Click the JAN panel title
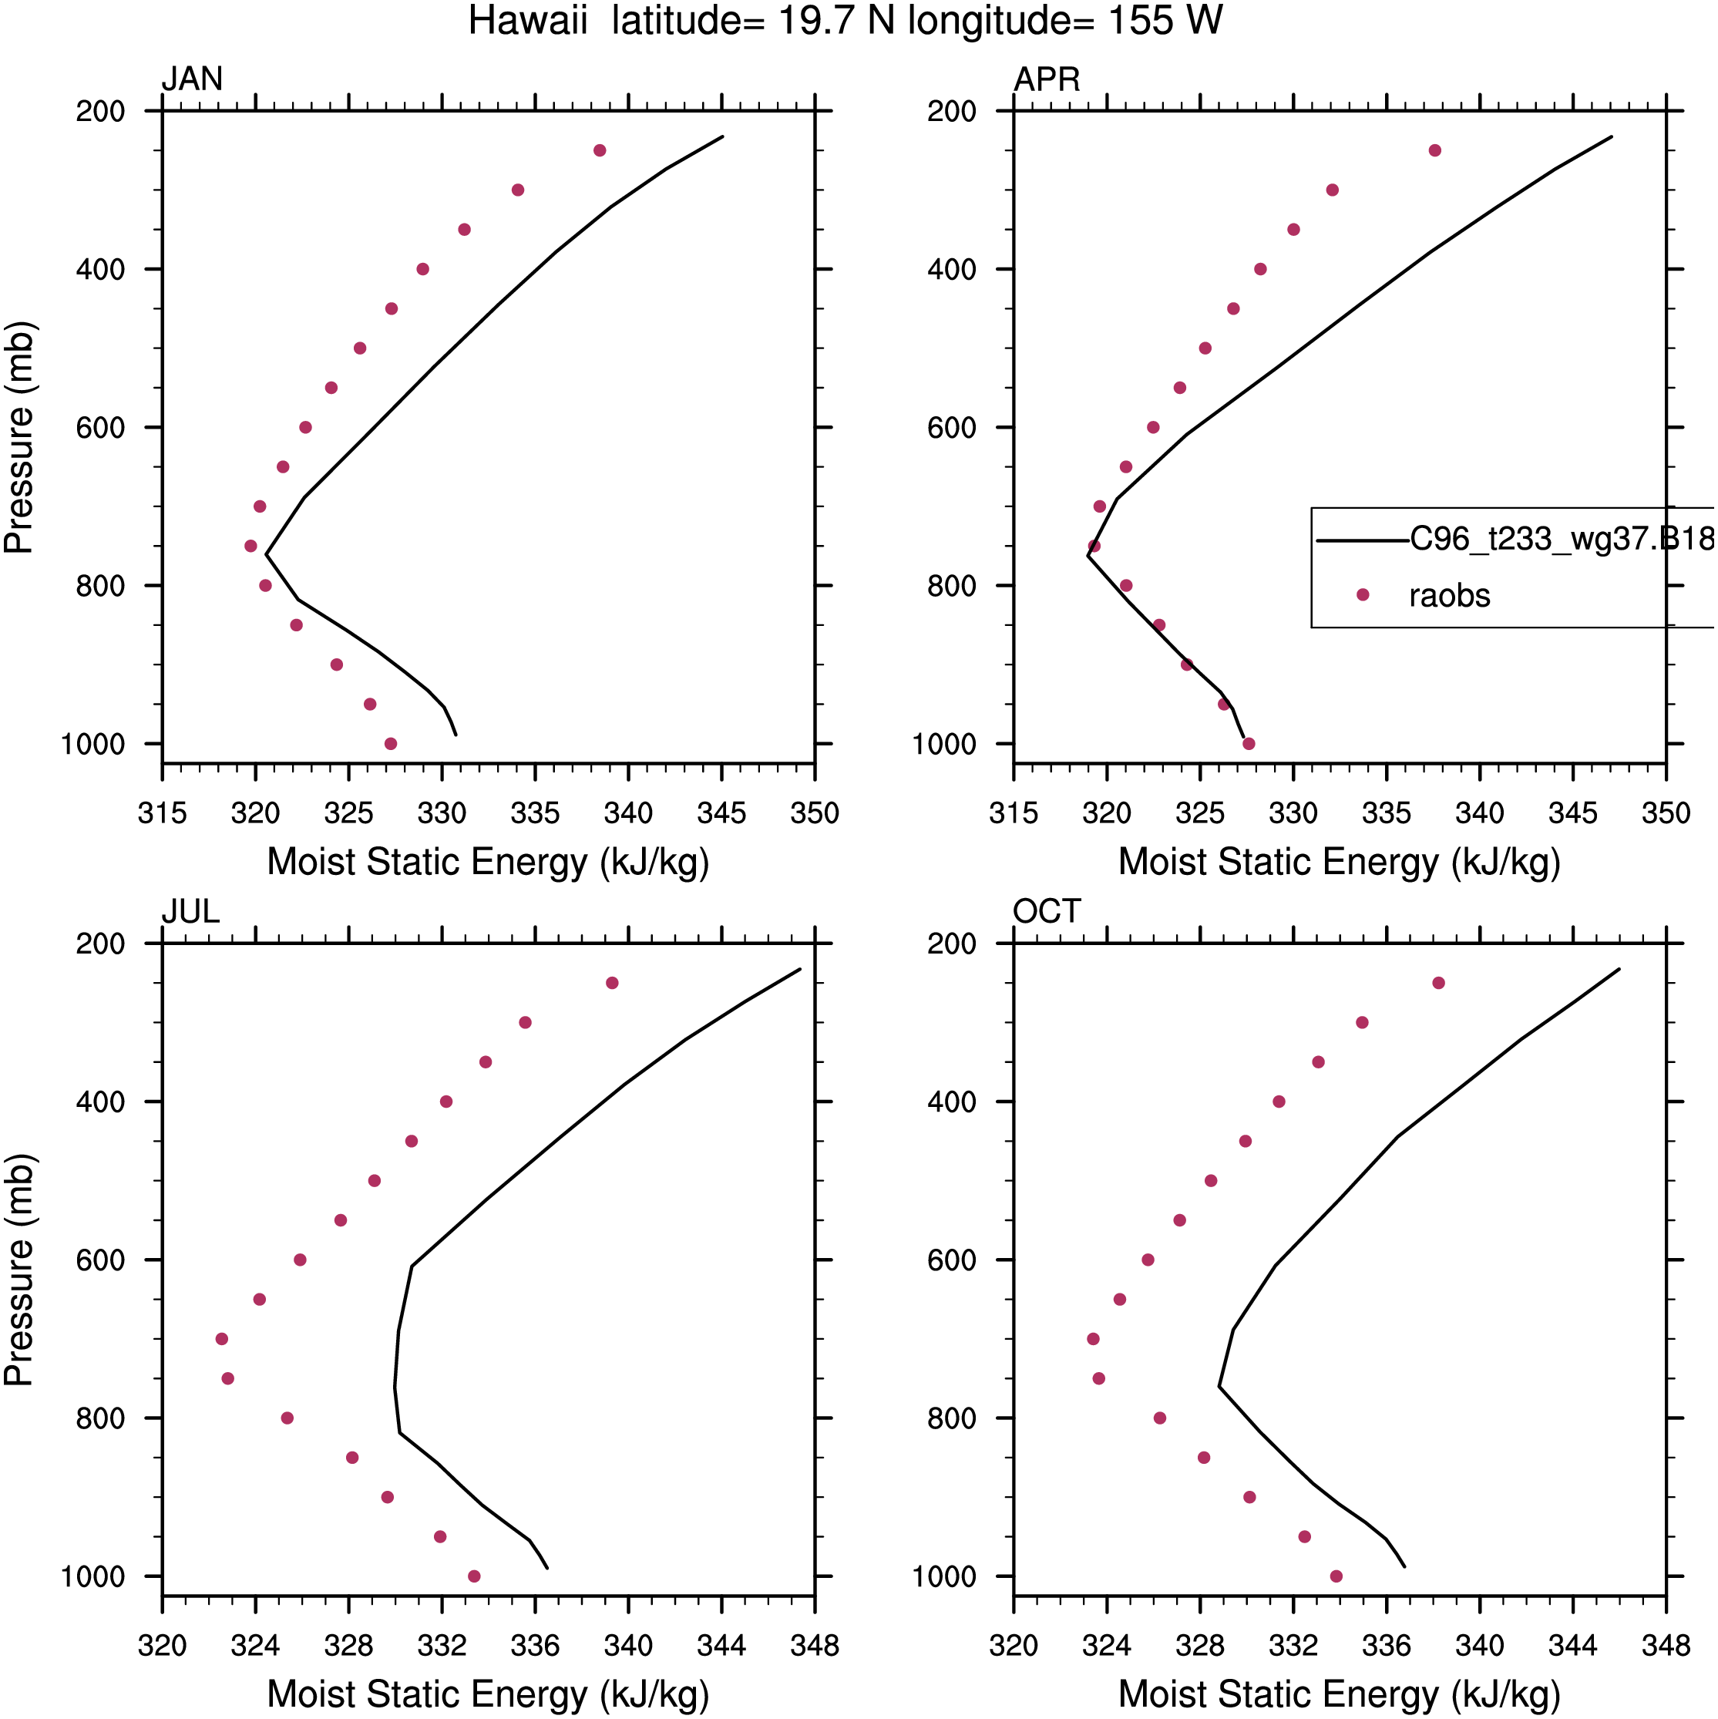[191, 79]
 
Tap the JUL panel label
[190, 911]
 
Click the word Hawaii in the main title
[528, 21]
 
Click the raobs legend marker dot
[1362, 594]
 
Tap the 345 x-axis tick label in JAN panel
[721, 812]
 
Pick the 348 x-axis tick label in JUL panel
[815, 1645]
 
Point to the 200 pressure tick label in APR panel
[952, 111]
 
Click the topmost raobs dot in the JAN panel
[600, 150]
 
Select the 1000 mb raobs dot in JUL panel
[474, 1576]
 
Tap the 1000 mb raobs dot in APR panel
[1249, 744]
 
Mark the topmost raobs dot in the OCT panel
[1439, 982]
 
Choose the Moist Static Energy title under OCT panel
[1339, 1694]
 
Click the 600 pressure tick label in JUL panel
[100, 1260]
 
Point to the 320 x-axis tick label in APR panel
[1107, 812]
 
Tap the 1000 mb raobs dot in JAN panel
[391, 744]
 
